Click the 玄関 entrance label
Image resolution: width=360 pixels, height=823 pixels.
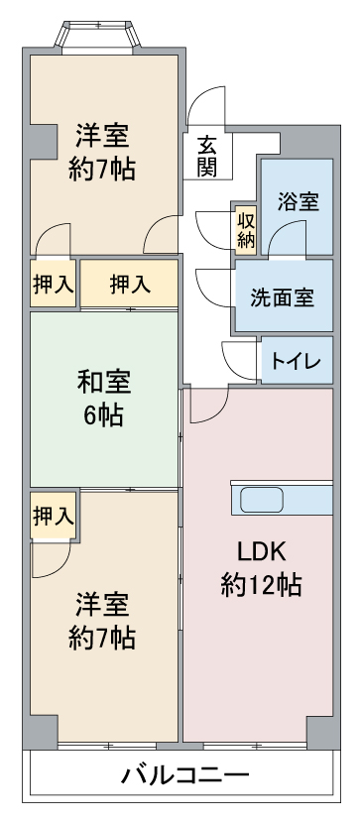coord(207,156)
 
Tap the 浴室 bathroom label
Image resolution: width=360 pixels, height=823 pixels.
coord(299,201)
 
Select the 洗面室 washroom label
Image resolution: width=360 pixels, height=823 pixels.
coord(283,297)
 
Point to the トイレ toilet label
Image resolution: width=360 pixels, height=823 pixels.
coord(296,362)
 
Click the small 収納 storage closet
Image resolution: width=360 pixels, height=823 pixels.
coord(246,229)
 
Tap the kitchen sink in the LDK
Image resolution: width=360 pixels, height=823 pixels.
coord(262,499)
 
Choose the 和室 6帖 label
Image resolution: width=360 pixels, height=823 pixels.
coord(103,399)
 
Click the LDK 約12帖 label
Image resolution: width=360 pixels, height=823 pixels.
coord(261,568)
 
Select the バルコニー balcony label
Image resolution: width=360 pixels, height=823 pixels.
coord(184,775)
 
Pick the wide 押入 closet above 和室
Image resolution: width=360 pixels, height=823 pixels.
coord(129,284)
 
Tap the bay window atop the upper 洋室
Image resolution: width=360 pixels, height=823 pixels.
coord(97,38)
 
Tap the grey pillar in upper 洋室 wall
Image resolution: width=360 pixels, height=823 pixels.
coord(43,142)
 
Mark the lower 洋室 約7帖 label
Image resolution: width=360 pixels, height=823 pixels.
coord(102,622)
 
